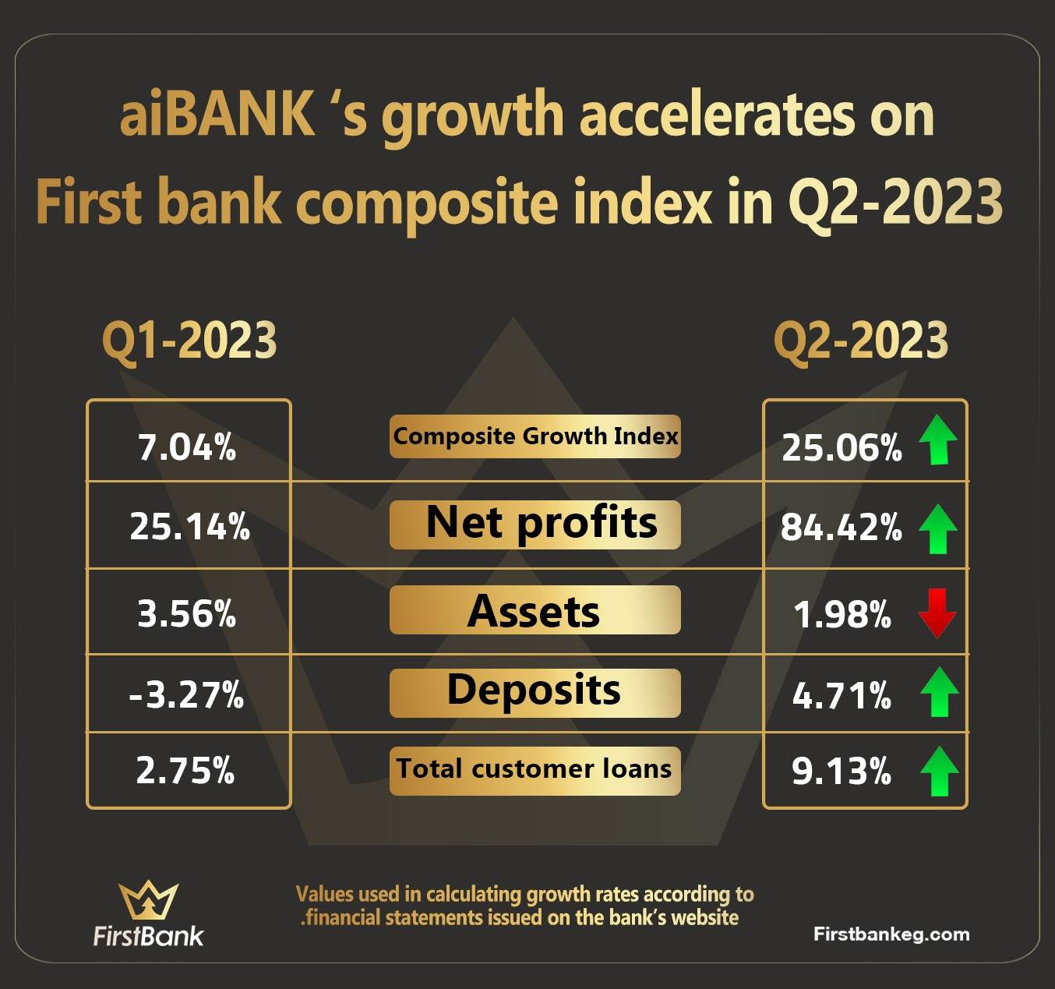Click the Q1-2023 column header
[x=189, y=341]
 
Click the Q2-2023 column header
[x=861, y=341]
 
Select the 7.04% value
[x=187, y=447]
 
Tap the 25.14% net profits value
[x=189, y=527]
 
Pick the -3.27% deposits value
[x=186, y=694]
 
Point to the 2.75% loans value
[x=185, y=770]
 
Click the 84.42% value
[x=842, y=528]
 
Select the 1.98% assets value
[x=842, y=615]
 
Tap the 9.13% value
[x=842, y=771]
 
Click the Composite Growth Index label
[x=535, y=436]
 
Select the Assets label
[x=533, y=611]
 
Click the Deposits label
[x=534, y=690]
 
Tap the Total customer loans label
[x=534, y=768]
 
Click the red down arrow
[x=937, y=613]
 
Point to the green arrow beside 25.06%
[x=938, y=440]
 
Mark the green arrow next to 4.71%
[x=939, y=692]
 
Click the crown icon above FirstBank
[x=148, y=899]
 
